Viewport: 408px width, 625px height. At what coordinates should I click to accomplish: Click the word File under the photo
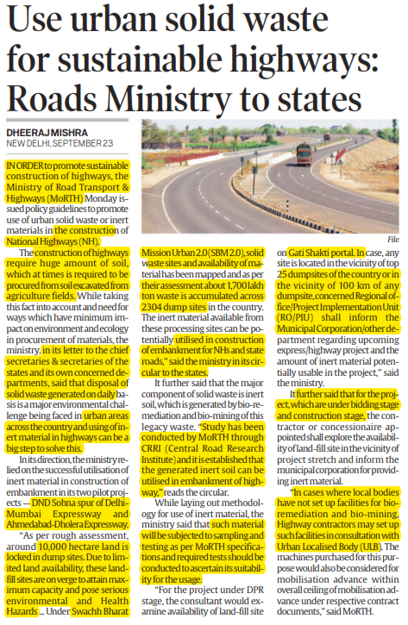click(x=392, y=214)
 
